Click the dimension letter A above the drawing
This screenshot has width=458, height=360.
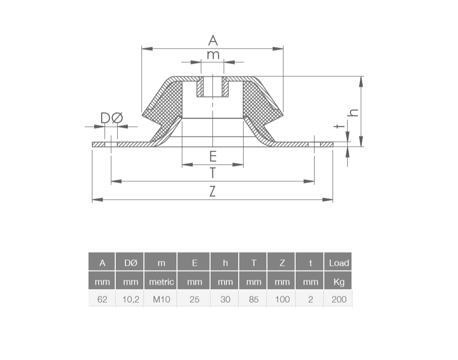click(213, 40)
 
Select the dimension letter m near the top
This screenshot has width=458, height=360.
click(213, 55)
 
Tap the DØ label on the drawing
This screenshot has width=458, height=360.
click(112, 118)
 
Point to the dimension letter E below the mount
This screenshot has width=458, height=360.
click(212, 156)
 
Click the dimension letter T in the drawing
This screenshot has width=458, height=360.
click(212, 173)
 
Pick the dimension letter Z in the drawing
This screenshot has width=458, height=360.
click(212, 191)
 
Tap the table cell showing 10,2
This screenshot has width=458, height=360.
click(130, 299)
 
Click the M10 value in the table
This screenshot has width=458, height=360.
click(161, 299)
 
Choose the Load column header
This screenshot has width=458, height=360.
click(338, 263)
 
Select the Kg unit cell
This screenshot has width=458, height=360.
click(338, 282)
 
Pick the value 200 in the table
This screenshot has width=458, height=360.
click(338, 299)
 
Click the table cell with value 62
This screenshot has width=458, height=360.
click(102, 299)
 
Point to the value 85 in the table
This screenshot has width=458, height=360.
click(253, 299)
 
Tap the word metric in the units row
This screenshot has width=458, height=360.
click(161, 282)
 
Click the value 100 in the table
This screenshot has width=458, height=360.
click(282, 299)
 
